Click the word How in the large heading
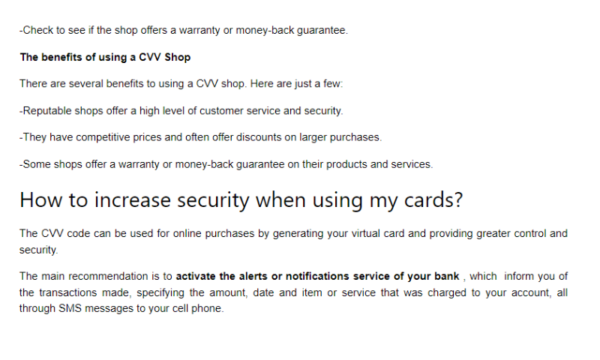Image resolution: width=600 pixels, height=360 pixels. point(38,200)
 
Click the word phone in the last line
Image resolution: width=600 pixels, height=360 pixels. point(208,308)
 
